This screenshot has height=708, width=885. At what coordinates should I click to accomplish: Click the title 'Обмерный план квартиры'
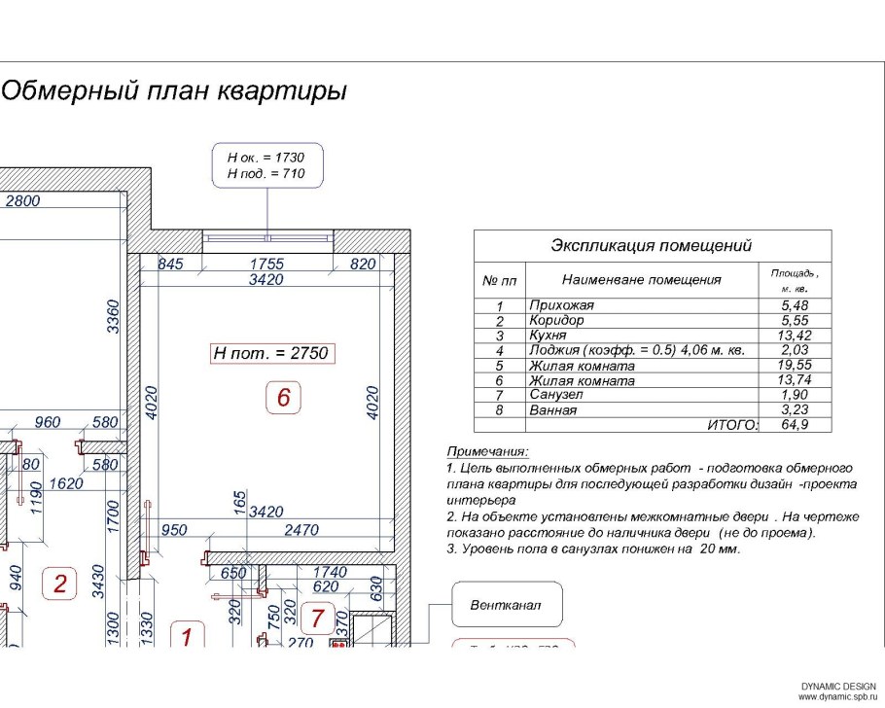174,92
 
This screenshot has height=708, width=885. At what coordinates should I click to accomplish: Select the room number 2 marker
60,584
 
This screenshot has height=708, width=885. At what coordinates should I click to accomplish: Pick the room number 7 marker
316,616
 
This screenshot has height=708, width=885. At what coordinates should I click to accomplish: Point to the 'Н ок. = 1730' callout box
266,165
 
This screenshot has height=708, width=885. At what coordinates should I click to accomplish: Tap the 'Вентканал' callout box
507,606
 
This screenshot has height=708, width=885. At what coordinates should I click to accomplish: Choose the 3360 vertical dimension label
115,317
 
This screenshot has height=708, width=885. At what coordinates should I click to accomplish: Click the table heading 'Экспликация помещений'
652,246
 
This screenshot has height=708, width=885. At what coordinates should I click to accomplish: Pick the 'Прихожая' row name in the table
561,305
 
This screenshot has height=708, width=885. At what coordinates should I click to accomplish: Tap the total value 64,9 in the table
796,425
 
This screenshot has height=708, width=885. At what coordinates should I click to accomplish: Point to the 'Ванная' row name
552,410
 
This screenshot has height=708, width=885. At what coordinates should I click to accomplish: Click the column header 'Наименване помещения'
641,280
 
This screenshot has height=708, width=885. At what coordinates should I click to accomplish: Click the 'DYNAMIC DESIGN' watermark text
837,688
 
